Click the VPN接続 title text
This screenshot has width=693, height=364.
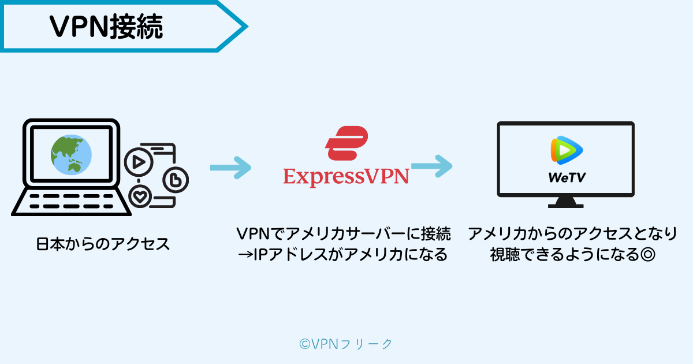(x=106, y=26)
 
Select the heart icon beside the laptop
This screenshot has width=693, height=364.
(x=139, y=196)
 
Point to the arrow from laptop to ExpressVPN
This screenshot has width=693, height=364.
(x=230, y=168)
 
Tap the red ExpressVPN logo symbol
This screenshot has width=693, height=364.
(x=347, y=143)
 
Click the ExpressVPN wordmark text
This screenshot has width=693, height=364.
(x=346, y=176)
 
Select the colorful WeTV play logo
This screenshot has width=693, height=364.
(x=566, y=150)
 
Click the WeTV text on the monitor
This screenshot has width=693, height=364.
(x=567, y=177)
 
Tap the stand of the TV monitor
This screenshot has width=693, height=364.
(x=566, y=203)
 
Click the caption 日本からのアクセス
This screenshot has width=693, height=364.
(x=103, y=244)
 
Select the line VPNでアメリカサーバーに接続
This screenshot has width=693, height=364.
(x=344, y=234)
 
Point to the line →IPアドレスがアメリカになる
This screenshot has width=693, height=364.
(x=344, y=254)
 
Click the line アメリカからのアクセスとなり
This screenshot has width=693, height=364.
(x=572, y=234)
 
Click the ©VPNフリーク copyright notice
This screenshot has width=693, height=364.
(x=346, y=344)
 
